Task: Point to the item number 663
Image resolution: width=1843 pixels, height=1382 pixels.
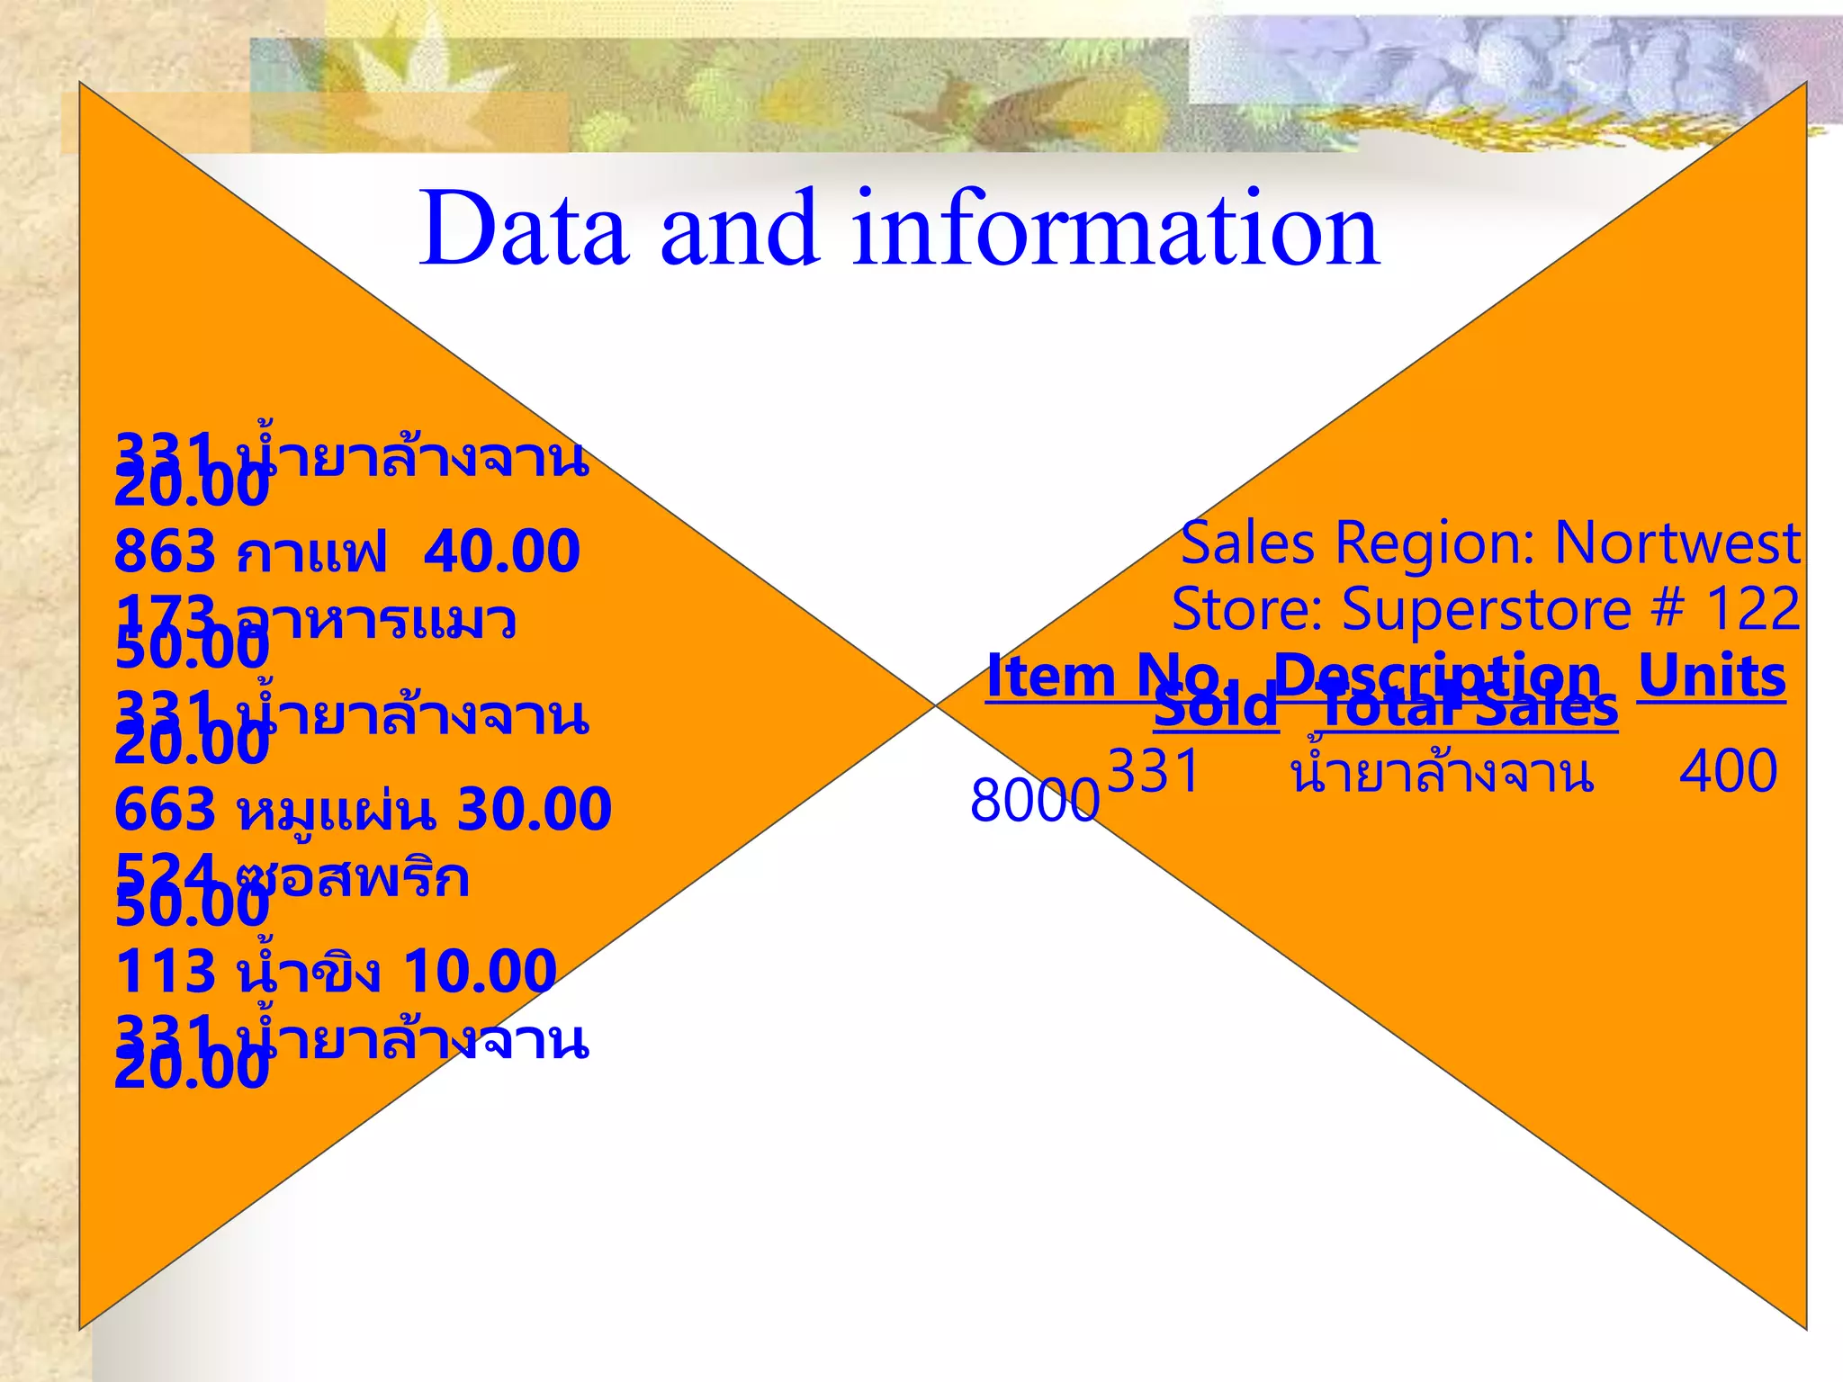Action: click(x=166, y=809)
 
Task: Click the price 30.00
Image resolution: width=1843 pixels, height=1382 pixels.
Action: click(x=535, y=809)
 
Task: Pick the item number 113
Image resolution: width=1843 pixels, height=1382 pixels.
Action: click(x=166, y=972)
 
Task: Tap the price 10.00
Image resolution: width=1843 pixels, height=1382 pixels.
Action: click(x=480, y=972)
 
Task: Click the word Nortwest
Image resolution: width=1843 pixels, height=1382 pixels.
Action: click(x=1677, y=543)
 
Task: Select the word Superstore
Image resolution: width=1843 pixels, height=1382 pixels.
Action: click(x=1487, y=609)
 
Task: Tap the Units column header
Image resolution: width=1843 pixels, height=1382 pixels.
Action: click(x=1712, y=677)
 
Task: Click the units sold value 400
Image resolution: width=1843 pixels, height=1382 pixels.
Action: click(x=1728, y=772)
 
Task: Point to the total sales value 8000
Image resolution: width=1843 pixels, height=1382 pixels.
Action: click(x=1035, y=801)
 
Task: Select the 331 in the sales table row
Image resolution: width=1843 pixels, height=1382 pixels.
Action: click(x=1154, y=772)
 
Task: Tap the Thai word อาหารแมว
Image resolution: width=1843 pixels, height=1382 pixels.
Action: click(x=374, y=621)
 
